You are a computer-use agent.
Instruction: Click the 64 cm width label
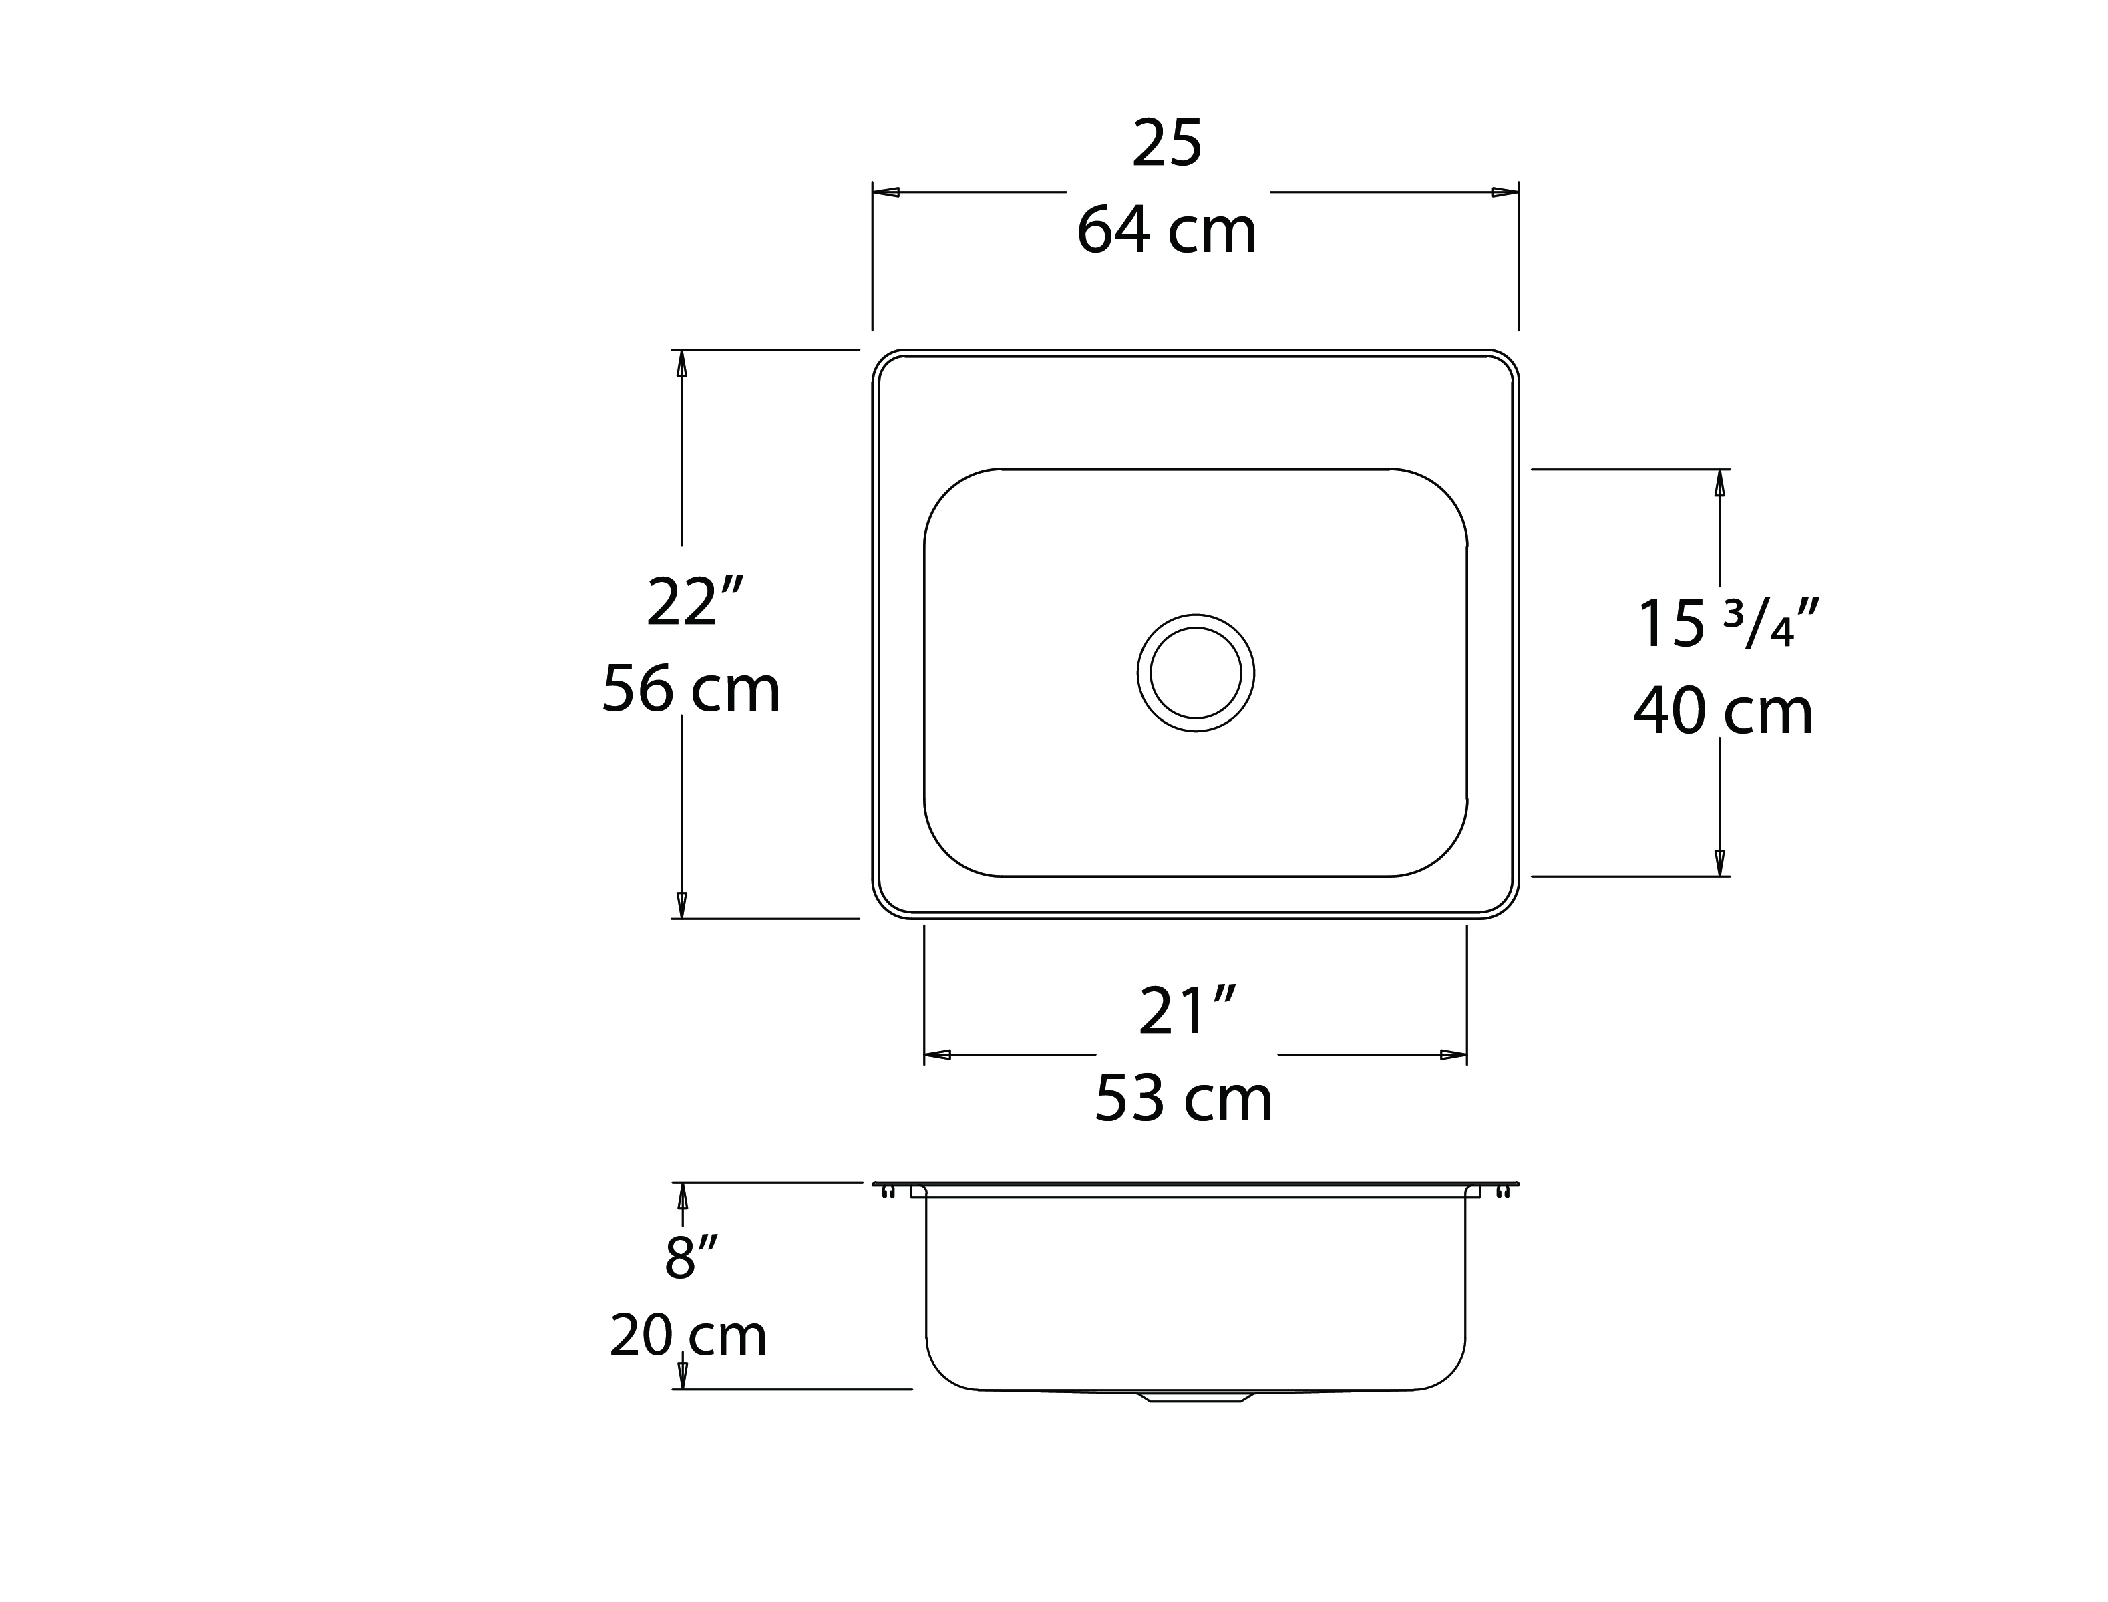coord(1167,230)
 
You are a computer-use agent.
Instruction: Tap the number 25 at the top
coord(1167,144)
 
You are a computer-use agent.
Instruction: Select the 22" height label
coord(694,602)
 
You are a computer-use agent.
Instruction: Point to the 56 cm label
coord(691,689)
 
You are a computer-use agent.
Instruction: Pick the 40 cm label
coord(1723,711)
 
